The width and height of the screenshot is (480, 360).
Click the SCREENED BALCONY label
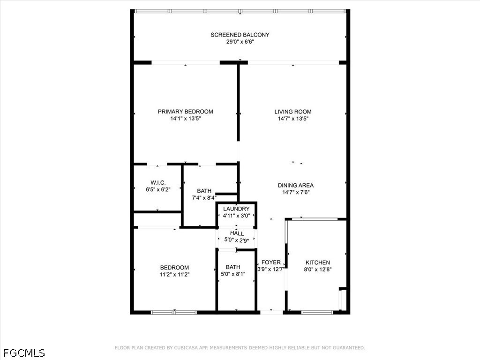[x=240, y=35]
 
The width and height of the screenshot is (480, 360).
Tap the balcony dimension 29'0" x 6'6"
[x=240, y=42]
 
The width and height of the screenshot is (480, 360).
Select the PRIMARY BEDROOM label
[x=186, y=112]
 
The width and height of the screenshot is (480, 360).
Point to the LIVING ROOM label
[x=293, y=112]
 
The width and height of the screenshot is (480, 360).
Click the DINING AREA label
[x=296, y=185]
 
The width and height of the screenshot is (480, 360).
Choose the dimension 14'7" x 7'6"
[x=296, y=192]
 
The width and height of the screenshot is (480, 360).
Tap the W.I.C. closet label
[x=158, y=183]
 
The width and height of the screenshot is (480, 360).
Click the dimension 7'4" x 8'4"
[x=204, y=198]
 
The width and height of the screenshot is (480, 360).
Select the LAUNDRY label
[x=236, y=209]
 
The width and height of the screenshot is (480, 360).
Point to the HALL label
[x=237, y=233]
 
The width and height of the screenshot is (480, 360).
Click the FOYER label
[x=271, y=262]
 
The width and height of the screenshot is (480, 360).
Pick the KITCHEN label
[x=318, y=262]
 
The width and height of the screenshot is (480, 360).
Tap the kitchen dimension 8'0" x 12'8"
[x=318, y=270]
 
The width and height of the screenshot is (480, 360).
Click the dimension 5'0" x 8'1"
[x=233, y=274]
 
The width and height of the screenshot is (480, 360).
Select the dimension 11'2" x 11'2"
[x=174, y=275]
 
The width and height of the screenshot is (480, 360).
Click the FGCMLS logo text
[x=24, y=353]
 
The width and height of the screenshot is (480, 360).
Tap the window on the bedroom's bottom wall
[x=174, y=313]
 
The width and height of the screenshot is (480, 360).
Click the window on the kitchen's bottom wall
[x=317, y=313]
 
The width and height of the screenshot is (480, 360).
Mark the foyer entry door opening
[x=271, y=313]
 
